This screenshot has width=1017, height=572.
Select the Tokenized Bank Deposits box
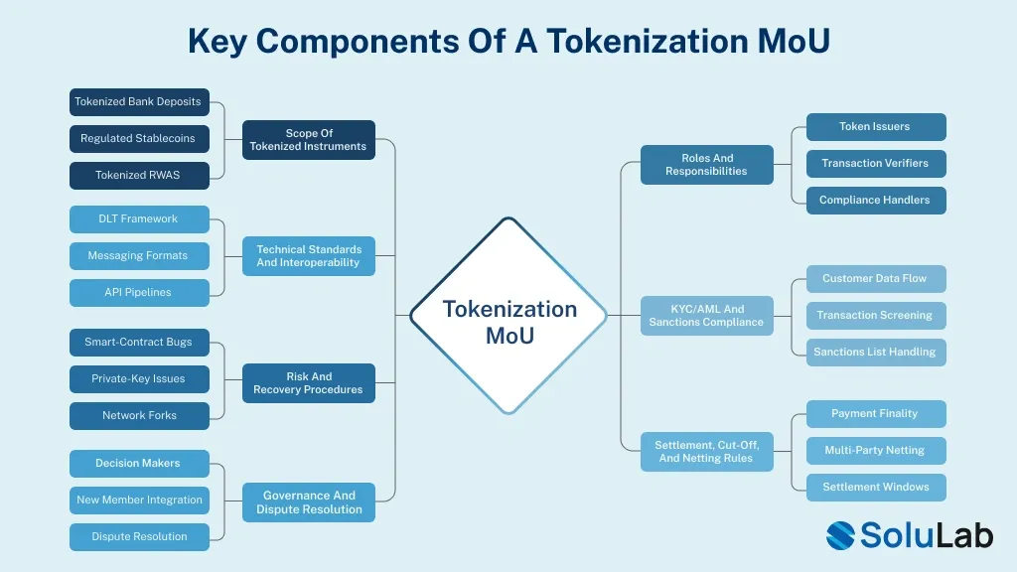139,101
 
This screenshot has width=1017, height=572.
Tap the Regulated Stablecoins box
139,138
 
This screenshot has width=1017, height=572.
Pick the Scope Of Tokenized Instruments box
309,140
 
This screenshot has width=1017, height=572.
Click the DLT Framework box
139,218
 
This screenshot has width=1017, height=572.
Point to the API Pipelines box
139,292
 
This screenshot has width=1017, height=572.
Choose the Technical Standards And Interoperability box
309,256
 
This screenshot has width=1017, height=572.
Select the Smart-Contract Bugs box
139,342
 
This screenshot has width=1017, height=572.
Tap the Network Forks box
139,415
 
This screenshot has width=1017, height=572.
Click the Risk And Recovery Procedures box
309,383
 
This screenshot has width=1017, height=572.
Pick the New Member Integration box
139,500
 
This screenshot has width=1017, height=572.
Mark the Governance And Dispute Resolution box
309,502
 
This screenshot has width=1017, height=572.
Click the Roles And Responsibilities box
707,165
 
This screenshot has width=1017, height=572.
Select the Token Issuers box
875,126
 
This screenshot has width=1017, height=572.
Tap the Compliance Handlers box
875,200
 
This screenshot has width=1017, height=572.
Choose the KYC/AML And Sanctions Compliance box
707,316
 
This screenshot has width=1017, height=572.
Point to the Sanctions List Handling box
875,352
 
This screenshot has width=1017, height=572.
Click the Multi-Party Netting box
875,450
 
